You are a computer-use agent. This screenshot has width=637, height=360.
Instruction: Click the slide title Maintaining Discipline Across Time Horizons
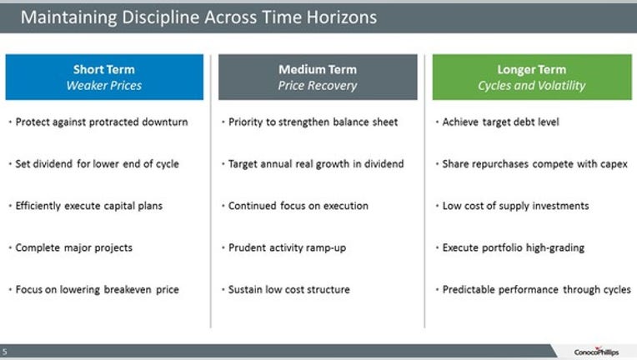[x=198, y=17]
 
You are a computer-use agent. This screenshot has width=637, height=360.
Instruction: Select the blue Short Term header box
[x=104, y=77]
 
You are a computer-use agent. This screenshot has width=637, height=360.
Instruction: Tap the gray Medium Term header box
[x=318, y=77]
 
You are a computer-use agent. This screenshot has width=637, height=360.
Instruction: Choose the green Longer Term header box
[x=532, y=77]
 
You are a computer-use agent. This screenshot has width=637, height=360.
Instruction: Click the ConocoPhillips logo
[x=596, y=352]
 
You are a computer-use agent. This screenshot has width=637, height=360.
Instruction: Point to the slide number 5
[x=4, y=352]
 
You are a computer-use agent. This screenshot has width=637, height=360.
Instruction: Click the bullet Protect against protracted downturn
[x=102, y=122]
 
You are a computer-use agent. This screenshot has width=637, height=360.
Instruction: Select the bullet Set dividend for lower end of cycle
[x=97, y=164]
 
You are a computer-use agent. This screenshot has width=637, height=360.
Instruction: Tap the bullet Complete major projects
[x=74, y=247]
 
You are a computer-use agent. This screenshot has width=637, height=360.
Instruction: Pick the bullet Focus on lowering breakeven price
[x=97, y=289]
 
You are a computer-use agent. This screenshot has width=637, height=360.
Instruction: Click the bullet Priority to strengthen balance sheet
[x=313, y=122]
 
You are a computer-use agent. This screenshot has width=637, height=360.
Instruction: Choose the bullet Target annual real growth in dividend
[x=316, y=164]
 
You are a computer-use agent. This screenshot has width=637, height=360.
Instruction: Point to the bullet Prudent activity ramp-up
[x=287, y=247]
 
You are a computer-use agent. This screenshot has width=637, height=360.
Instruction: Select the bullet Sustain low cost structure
[x=288, y=289]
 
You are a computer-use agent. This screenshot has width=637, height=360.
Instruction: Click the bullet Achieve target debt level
[x=500, y=122]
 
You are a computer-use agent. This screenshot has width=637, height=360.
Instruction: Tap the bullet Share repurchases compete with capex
[x=534, y=164]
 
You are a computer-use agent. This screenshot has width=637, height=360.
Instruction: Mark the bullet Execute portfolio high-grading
[x=514, y=247]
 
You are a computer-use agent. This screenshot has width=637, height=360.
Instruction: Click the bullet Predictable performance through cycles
[x=537, y=289]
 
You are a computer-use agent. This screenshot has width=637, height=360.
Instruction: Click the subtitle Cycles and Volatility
[x=532, y=86]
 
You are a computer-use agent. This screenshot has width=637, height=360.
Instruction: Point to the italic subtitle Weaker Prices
[x=104, y=86]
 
